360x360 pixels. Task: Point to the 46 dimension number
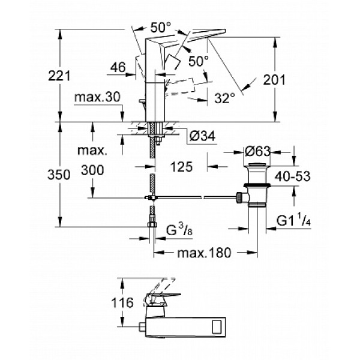tap(118, 69)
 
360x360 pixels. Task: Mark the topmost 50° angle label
tap(160, 28)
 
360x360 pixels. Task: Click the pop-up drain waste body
tap(256, 186)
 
